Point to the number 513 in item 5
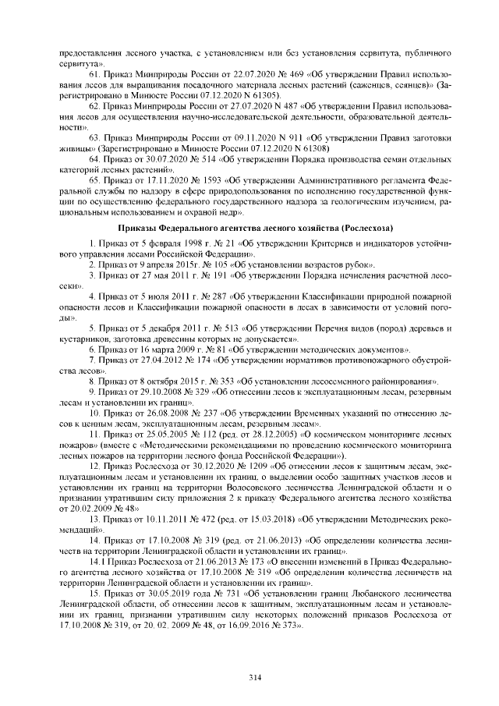(205, 328)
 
